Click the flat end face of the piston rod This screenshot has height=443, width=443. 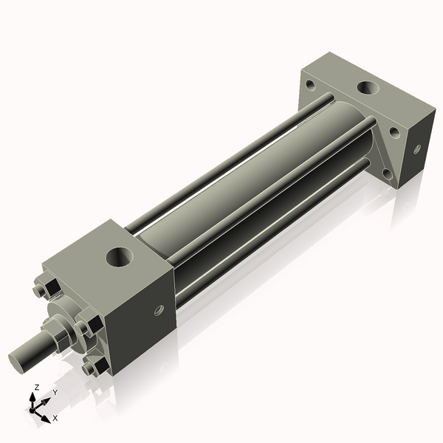20,361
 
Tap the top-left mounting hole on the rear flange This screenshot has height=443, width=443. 311,86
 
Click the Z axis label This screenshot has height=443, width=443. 37,387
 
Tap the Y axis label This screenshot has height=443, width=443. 55,393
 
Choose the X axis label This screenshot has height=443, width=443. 55,418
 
